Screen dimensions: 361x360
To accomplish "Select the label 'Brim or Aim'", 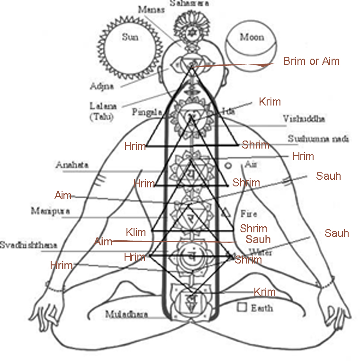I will click(311, 62).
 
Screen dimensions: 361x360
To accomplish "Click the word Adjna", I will click(101, 86).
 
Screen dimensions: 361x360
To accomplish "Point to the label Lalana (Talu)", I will click(103, 111).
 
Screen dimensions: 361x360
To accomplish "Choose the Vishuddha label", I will click(304, 119).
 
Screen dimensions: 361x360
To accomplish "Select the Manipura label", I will click(51, 211).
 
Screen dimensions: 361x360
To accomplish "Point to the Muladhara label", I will click(126, 314).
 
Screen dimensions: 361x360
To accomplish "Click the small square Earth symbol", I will click(242, 307).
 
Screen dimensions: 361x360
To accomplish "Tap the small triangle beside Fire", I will click(226, 212).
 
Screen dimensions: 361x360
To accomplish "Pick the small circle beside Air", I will click(228, 166).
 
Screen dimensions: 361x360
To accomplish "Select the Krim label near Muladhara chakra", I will click(264, 292).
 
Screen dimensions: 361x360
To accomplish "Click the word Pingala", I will click(147, 113).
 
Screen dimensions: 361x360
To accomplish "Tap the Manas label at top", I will click(149, 9).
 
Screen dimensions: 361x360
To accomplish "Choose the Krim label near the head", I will click(270, 102).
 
